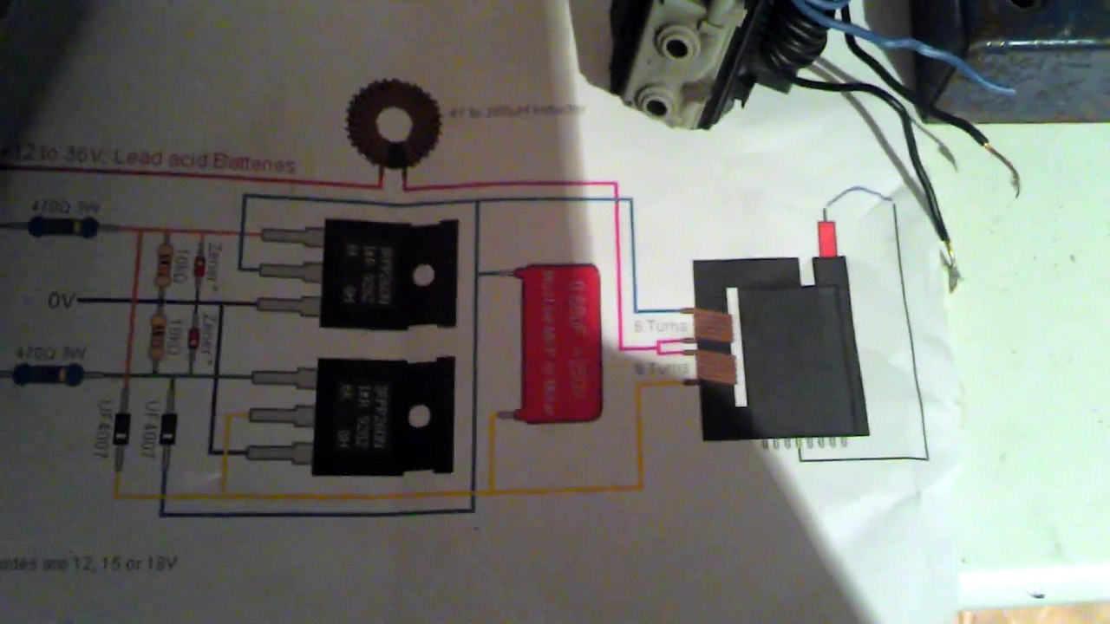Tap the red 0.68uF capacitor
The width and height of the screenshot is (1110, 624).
click(x=559, y=343)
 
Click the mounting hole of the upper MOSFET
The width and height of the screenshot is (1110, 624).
click(x=423, y=276)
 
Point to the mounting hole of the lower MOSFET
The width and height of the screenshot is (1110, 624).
click(x=420, y=417)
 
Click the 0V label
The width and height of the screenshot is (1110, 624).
click(x=62, y=301)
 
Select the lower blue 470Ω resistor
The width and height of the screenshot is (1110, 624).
click(x=55, y=374)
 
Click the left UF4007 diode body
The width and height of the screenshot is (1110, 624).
click(x=122, y=428)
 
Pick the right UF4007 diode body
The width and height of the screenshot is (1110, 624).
click(x=168, y=428)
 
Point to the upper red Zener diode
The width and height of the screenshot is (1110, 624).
click(x=199, y=265)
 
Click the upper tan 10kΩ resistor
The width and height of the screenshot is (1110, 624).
click(x=162, y=264)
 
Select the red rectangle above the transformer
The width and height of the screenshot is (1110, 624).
click(x=827, y=238)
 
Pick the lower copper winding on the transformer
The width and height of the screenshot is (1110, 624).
click(x=716, y=367)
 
